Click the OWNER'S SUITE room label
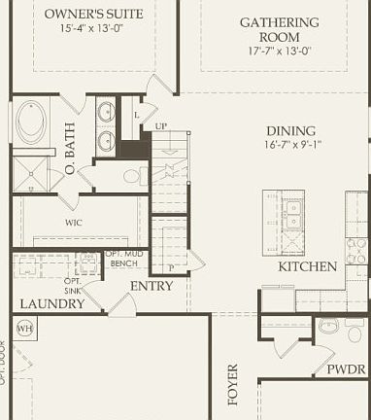pyautogui.click(x=94, y=14)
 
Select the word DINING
pyautogui.click(x=291, y=131)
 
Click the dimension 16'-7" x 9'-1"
pyautogui.click(x=291, y=146)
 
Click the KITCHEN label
pyautogui.click(x=307, y=266)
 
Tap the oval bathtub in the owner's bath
pyautogui.click(x=30, y=122)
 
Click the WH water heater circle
pyautogui.click(x=24, y=327)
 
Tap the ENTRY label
pyautogui.click(x=152, y=286)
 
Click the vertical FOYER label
pyautogui.click(x=232, y=385)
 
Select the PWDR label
pyautogui.click(x=346, y=369)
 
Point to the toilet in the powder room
pyautogui.click(x=327, y=327)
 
